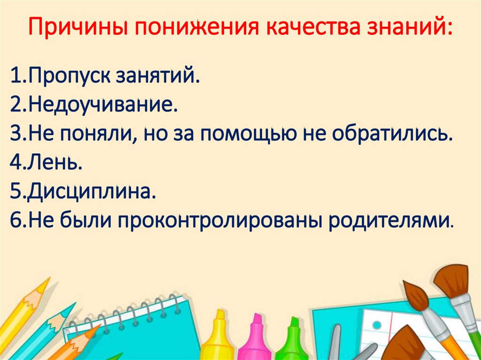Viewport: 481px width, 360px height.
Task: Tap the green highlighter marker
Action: (292, 340)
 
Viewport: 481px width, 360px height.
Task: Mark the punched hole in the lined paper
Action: (377, 325)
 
